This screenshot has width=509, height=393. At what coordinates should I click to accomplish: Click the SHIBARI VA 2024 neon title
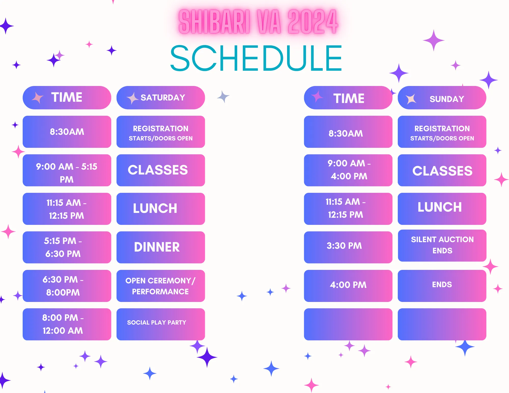point(258,22)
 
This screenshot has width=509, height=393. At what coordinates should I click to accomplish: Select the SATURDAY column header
point(161,98)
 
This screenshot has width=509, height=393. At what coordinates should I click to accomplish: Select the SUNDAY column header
point(442,98)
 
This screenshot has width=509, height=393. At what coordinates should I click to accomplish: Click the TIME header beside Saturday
point(67,98)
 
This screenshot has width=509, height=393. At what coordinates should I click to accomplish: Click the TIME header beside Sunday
point(348,98)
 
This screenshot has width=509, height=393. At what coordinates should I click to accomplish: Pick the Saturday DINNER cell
point(161,247)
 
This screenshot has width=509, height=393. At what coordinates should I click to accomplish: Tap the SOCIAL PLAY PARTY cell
point(161,324)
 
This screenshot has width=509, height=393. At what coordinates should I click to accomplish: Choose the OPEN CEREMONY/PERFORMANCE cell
point(161,286)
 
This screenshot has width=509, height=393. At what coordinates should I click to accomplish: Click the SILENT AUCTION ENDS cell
point(442,246)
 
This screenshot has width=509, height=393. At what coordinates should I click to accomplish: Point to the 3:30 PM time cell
point(348,247)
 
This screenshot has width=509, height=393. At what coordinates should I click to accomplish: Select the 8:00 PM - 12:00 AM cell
point(67,324)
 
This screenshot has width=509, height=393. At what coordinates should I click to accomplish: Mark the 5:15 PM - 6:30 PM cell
point(67,247)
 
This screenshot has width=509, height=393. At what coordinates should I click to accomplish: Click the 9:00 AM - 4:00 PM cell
point(348,170)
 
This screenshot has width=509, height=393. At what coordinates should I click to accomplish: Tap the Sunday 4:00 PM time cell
point(348,286)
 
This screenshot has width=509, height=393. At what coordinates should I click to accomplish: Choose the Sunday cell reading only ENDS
point(442,286)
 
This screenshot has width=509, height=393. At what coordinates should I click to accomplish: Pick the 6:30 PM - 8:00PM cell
point(67,286)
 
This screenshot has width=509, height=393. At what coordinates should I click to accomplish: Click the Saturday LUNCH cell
point(161,209)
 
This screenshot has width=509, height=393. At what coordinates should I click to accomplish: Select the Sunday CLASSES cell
point(442,170)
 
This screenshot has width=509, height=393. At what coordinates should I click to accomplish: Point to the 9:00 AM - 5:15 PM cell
point(67,170)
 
